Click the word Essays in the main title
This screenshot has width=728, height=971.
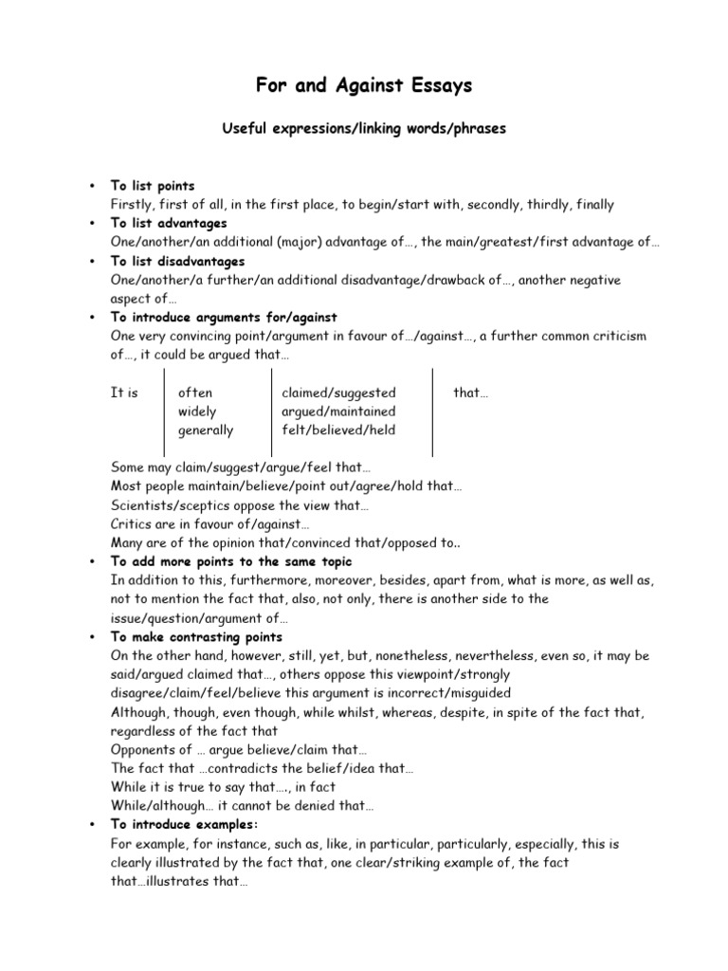434,86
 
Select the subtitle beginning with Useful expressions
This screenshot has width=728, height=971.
363,129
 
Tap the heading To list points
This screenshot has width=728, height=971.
153,186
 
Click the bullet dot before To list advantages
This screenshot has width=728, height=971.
89,224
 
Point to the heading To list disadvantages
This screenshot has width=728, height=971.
177,261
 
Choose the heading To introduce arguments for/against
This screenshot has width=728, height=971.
224,317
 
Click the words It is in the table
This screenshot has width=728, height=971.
124,393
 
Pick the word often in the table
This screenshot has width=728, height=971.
195,393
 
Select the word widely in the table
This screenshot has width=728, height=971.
197,412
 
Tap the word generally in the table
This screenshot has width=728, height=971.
206,430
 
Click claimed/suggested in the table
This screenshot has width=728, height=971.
338,393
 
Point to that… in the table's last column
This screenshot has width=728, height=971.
471,393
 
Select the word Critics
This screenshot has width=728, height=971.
132,523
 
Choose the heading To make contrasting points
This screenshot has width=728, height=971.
196,636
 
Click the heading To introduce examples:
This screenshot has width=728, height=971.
185,824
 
